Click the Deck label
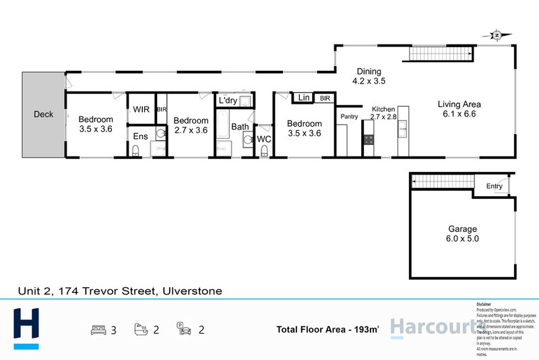[43, 115]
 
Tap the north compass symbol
[497, 35]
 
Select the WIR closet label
[141, 109]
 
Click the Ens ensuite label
[139, 137]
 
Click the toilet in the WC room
[265, 149]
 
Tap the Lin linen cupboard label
[304, 98]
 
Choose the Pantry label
[349, 117]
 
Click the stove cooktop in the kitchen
[369, 140]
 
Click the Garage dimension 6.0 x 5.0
[464, 239]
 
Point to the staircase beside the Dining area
[437, 53]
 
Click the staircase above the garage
[441, 182]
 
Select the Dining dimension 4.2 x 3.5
[369, 82]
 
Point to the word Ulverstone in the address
[191, 291]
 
